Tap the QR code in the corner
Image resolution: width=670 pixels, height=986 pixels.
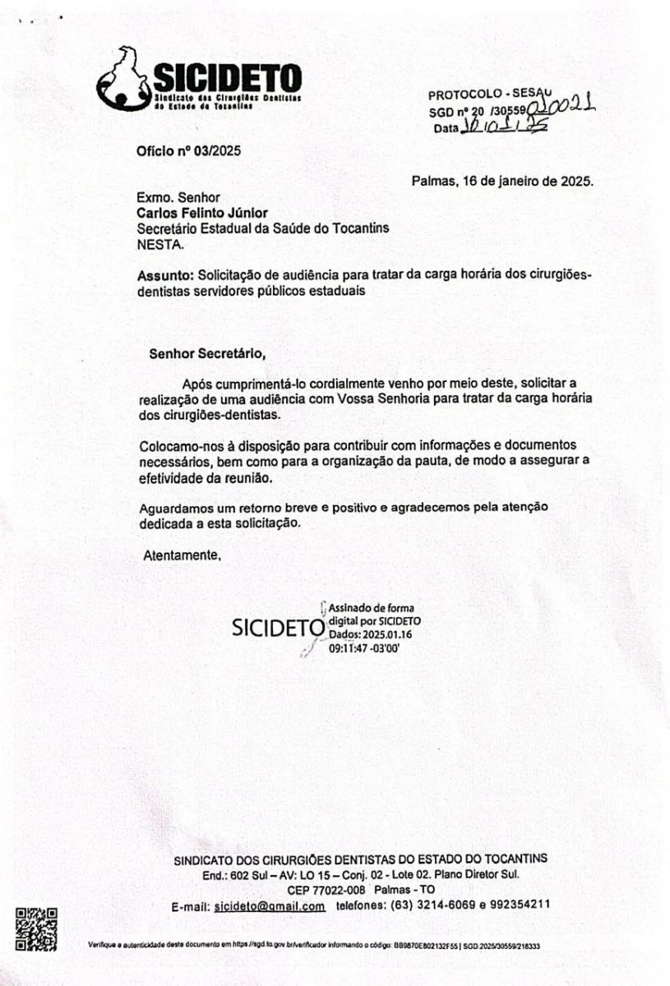(x=37, y=928)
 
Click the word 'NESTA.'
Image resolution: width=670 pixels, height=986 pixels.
(x=160, y=243)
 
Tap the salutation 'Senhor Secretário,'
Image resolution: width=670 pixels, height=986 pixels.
(x=207, y=354)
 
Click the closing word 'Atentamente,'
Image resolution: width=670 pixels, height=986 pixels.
(x=183, y=555)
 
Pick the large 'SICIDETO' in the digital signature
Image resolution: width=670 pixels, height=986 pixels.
(x=278, y=627)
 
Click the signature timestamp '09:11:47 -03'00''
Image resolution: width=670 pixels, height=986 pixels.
(x=363, y=648)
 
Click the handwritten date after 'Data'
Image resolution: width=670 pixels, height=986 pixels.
(x=503, y=127)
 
